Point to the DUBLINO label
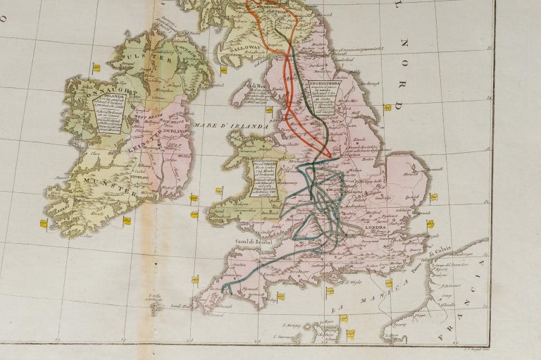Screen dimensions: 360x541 [x=174, y=131]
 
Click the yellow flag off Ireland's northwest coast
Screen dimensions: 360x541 [x=95, y=68]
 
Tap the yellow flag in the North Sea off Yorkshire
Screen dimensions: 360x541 [x=387, y=108]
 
